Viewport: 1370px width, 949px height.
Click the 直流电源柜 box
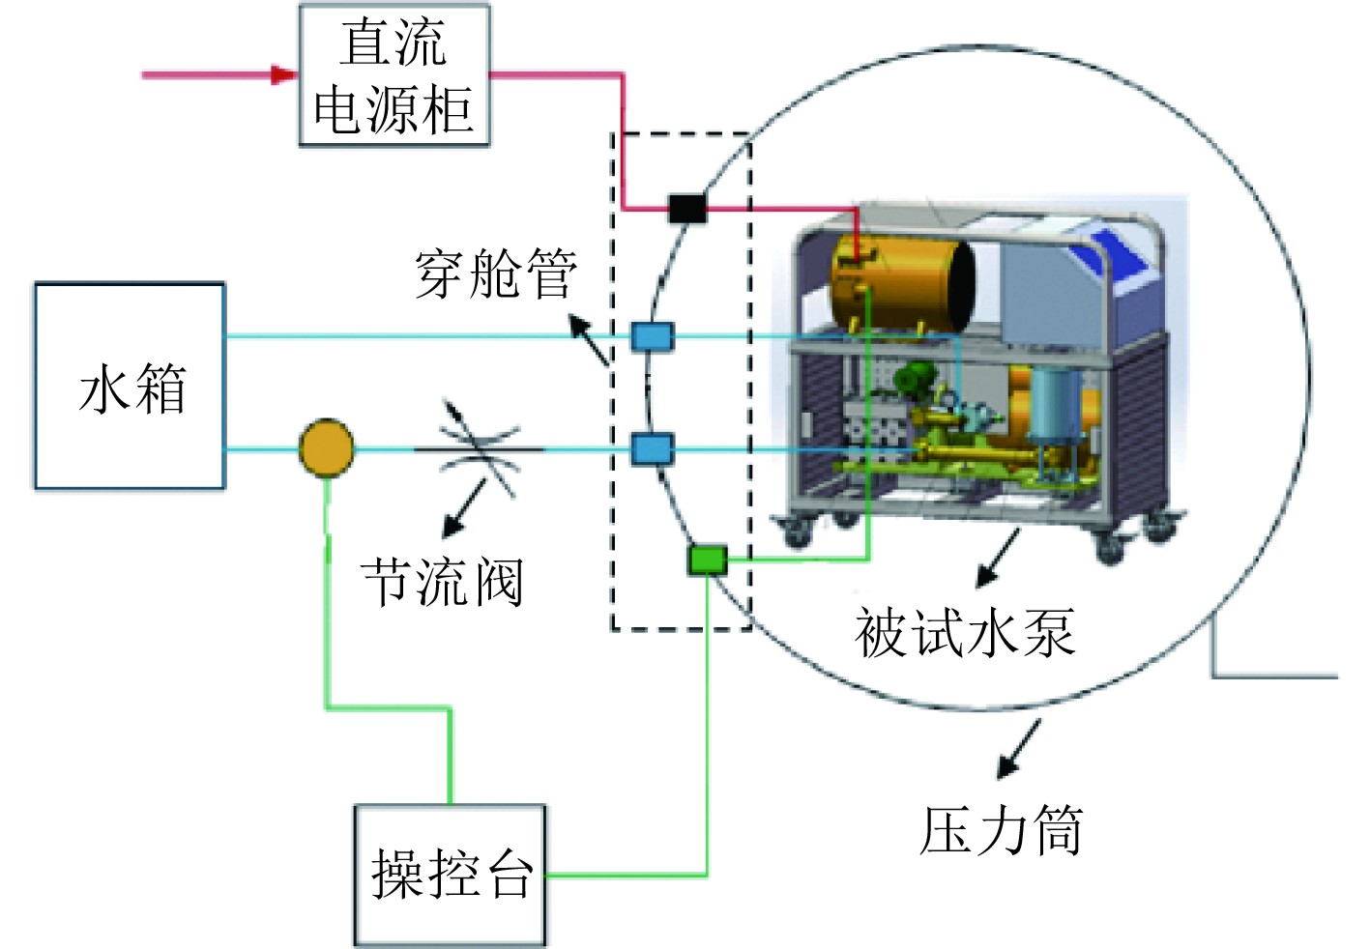click(x=394, y=75)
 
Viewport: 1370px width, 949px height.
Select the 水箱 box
click(x=131, y=387)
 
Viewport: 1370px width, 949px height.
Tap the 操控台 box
click(x=450, y=875)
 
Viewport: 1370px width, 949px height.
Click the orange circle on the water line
click(x=326, y=448)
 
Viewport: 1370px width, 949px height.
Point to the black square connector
click(x=686, y=207)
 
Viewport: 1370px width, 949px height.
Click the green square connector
click(x=707, y=560)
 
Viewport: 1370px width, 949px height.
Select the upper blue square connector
click(x=652, y=336)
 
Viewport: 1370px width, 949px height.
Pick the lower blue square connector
click(x=652, y=449)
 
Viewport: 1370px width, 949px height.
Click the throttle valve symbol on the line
click(x=479, y=449)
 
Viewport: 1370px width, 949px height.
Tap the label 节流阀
click(x=443, y=582)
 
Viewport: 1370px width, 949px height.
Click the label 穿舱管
click(x=496, y=273)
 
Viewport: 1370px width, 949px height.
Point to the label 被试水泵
click(x=964, y=633)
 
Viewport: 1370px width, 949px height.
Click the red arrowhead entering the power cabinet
click(x=283, y=74)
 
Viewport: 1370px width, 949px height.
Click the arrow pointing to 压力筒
click(x=1019, y=750)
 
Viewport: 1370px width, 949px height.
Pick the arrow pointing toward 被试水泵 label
click(x=998, y=560)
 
